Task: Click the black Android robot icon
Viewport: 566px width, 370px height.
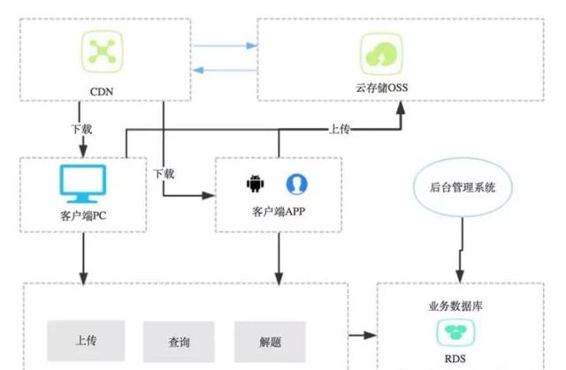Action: pos(256,184)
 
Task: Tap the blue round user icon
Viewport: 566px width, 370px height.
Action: pos(296,184)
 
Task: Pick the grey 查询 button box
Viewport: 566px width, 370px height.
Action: pos(179,340)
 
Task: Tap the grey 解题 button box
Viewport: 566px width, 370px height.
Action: pos(270,340)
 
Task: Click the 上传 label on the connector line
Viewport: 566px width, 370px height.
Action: pos(339,129)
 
